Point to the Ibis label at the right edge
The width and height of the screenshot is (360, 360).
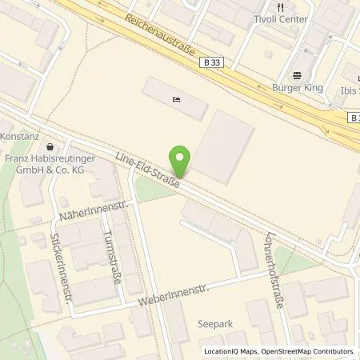point(350,90)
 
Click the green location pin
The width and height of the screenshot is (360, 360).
point(182,162)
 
